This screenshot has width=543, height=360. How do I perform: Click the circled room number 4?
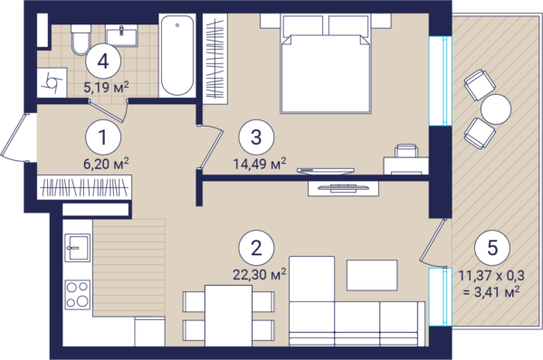pyautogui.click(x=103, y=62)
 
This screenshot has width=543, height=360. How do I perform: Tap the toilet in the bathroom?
pyautogui.click(x=81, y=40)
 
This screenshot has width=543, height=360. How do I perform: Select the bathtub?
pyautogui.click(x=177, y=55)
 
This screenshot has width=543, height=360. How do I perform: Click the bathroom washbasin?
pyautogui.click(x=121, y=35)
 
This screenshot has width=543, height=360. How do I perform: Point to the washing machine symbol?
pyautogui.click(x=52, y=82)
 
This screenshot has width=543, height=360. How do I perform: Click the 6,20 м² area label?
pyautogui.click(x=106, y=163)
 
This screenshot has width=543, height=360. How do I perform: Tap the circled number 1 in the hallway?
pyautogui.click(x=103, y=137)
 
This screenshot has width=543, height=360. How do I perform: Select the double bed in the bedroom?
pyautogui.click(x=326, y=63)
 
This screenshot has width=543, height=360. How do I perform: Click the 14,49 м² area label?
pyautogui.click(x=260, y=163)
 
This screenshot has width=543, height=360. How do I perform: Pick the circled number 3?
pyautogui.click(x=256, y=137)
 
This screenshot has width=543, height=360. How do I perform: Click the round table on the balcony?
pyautogui.click(x=496, y=109)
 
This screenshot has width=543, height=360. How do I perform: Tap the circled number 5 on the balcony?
pyautogui.click(x=492, y=248)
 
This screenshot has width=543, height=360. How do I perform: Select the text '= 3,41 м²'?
pyautogui.click(x=491, y=292)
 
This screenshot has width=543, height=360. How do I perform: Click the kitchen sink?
pyautogui.click(x=77, y=248)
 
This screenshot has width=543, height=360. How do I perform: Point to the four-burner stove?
pyautogui.click(x=78, y=295)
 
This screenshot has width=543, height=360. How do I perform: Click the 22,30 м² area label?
pyautogui.click(x=260, y=274)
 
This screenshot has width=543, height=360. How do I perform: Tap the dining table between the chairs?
pyautogui.click(x=229, y=316)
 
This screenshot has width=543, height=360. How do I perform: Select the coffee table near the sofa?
pyautogui.click(x=372, y=275)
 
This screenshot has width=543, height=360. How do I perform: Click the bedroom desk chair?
pyautogui.click(x=406, y=151)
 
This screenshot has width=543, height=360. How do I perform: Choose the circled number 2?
pyautogui.click(x=256, y=248)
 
